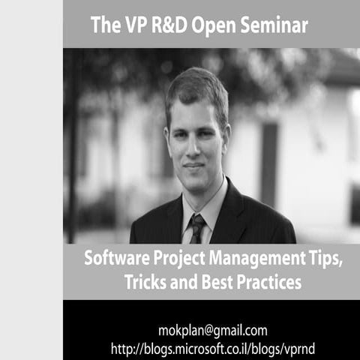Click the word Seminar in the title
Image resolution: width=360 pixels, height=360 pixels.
click(271, 25)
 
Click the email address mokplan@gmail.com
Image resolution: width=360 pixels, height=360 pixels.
click(213, 330)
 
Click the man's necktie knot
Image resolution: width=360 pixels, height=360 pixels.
click(197, 220)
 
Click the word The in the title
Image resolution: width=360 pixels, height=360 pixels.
click(103, 25)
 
